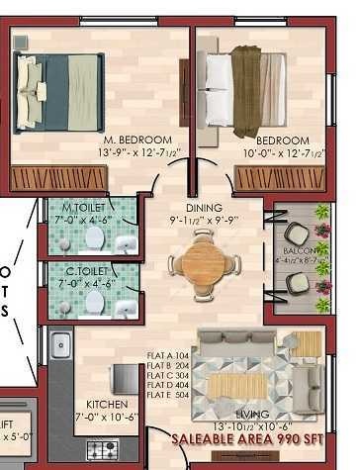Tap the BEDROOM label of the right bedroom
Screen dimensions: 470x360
click(283, 141)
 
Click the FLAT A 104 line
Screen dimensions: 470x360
click(169, 354)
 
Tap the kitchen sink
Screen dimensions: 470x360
click(60, 346)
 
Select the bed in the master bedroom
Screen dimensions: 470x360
click(59, 90)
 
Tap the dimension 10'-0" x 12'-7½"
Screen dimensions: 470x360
click(283, 153)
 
